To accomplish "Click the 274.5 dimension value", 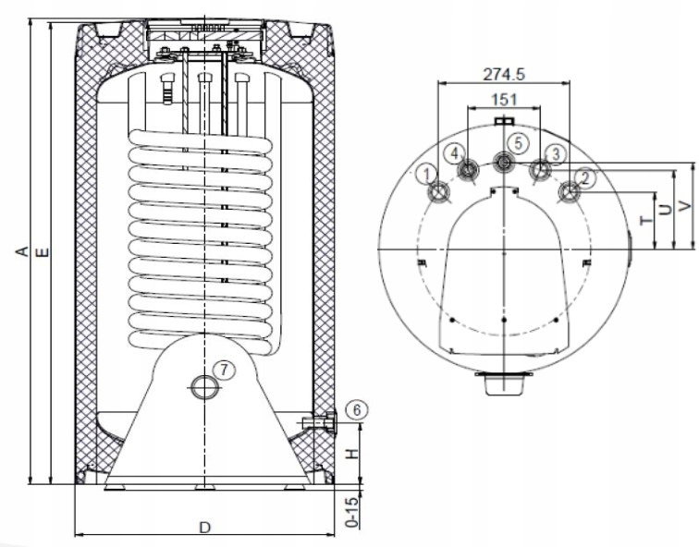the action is (x=504, y=74).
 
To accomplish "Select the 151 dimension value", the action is (x=504, y=100).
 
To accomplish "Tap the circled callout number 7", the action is (x=224, y=370).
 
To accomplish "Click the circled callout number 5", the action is (x=518, y=143).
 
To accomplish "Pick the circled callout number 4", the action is (x=454, y=153).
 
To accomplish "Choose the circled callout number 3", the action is (x=555, y=154).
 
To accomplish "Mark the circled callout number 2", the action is (x=585, y=178).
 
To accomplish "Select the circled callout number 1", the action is (x=427, y=174).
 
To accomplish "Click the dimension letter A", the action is (x=22, y=251).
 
